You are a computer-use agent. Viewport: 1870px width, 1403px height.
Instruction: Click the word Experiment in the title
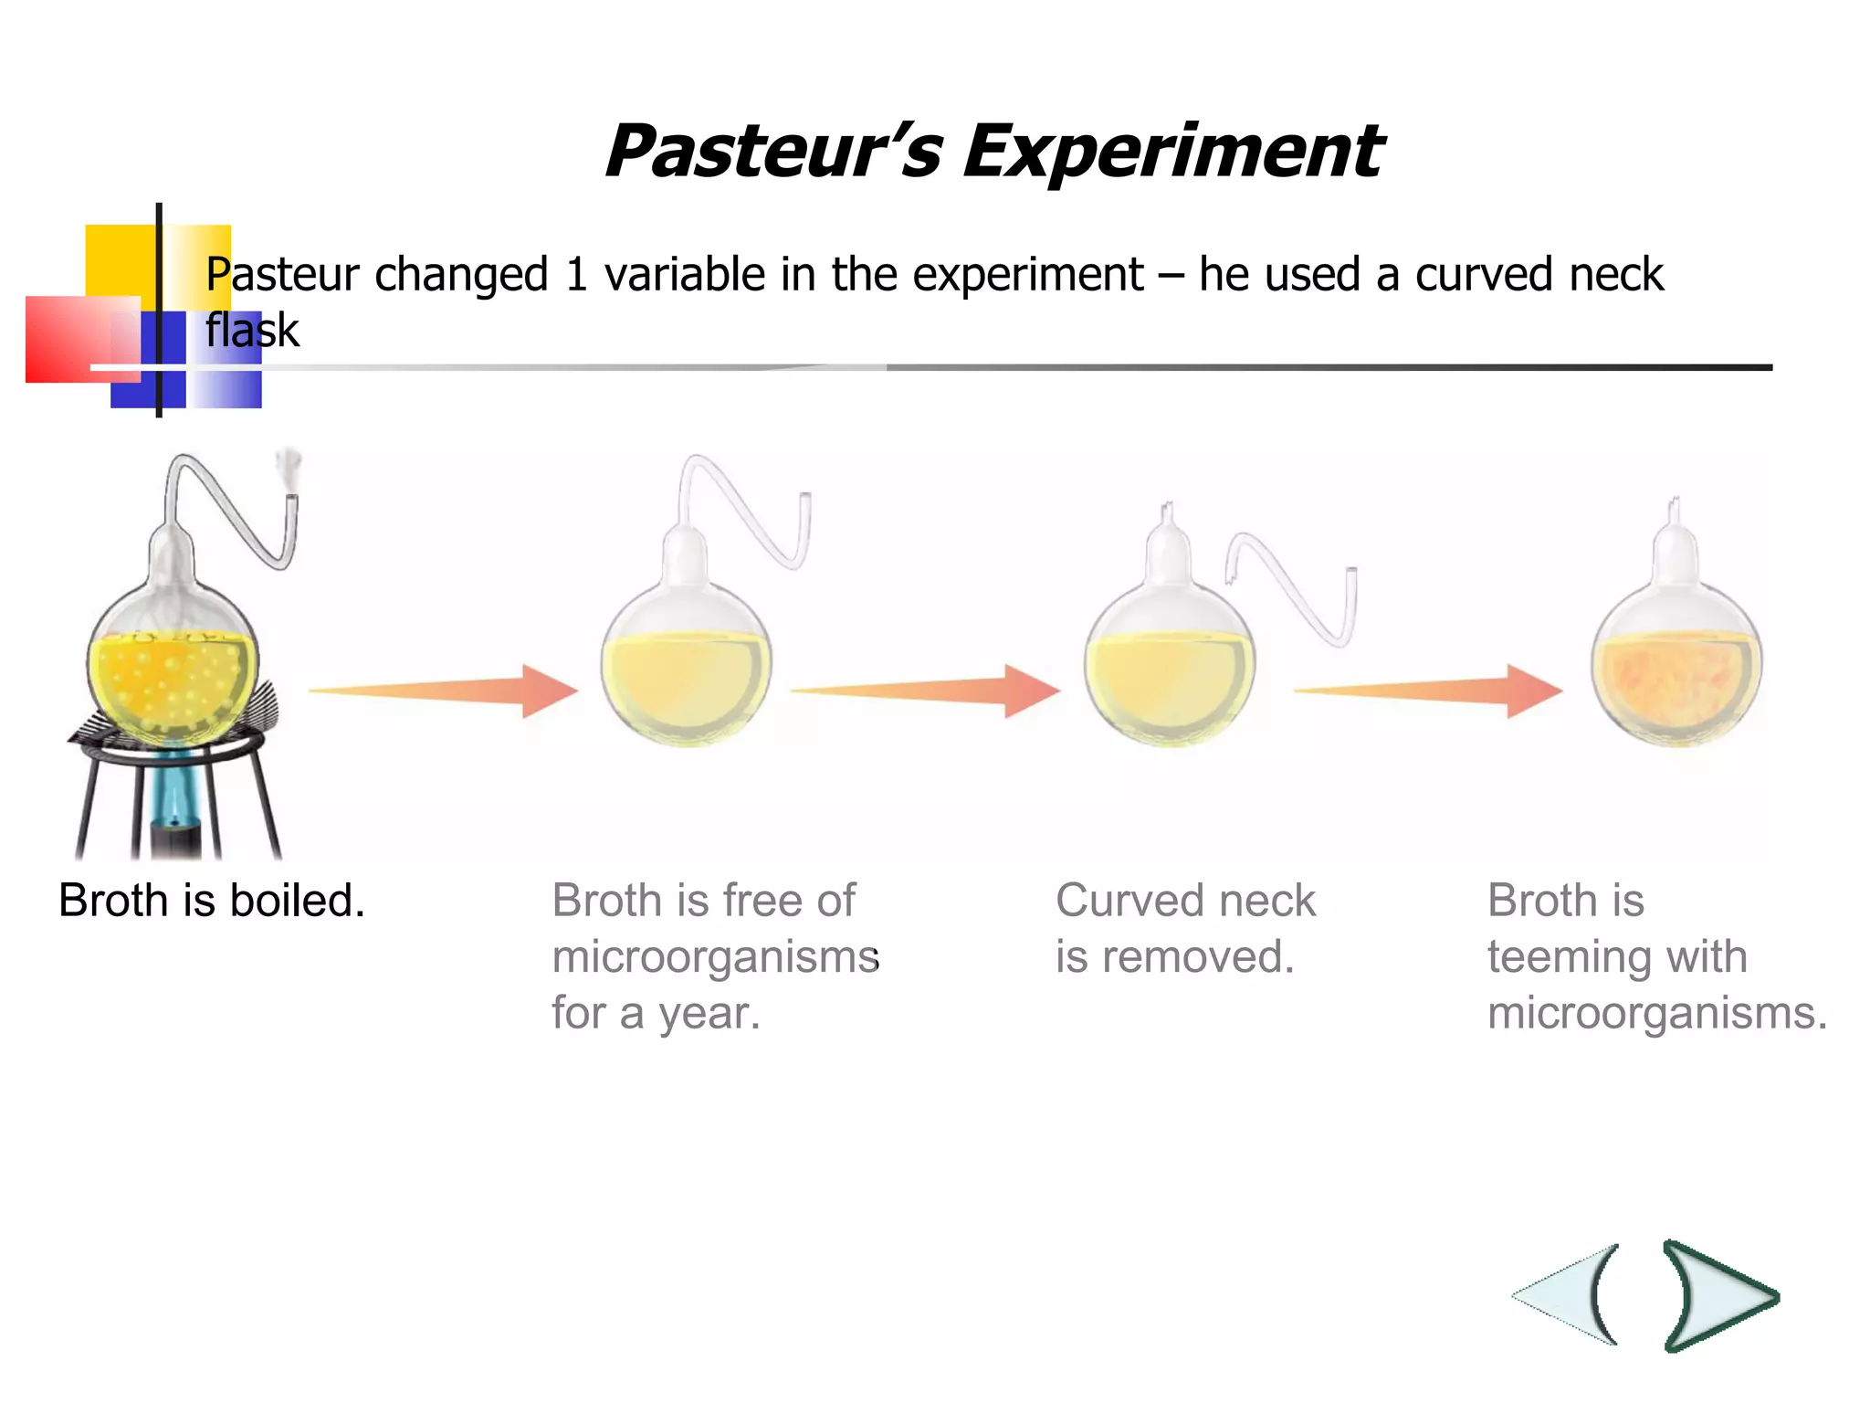1172,152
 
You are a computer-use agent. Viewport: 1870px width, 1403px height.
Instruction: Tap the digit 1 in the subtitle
575,274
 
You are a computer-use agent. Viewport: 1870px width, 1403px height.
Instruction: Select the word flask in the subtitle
252,330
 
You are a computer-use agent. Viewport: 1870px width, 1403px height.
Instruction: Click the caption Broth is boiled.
212,901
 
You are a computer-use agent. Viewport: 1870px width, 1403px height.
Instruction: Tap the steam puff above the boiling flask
289,466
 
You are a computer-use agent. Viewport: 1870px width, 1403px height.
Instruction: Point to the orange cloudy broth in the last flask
1676,685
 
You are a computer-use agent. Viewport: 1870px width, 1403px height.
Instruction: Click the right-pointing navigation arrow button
1717,1295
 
